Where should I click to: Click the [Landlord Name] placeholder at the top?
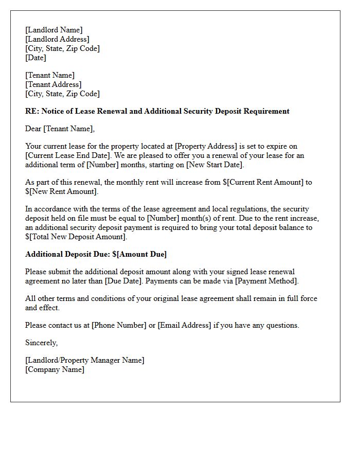coord(53,30)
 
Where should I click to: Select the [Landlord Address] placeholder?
coord(57,39)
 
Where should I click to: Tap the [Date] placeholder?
coord(35,58)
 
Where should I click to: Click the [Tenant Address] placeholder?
coord(53,84)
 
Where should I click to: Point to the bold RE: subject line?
coord(157,111)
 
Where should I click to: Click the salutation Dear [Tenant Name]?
coord(60,129)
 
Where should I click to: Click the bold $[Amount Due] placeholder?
coord(139,254)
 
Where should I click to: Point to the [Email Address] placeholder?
coord(185,325)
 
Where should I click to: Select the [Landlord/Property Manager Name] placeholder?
coord(85,360)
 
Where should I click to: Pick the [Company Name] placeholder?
coord(55,369)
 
